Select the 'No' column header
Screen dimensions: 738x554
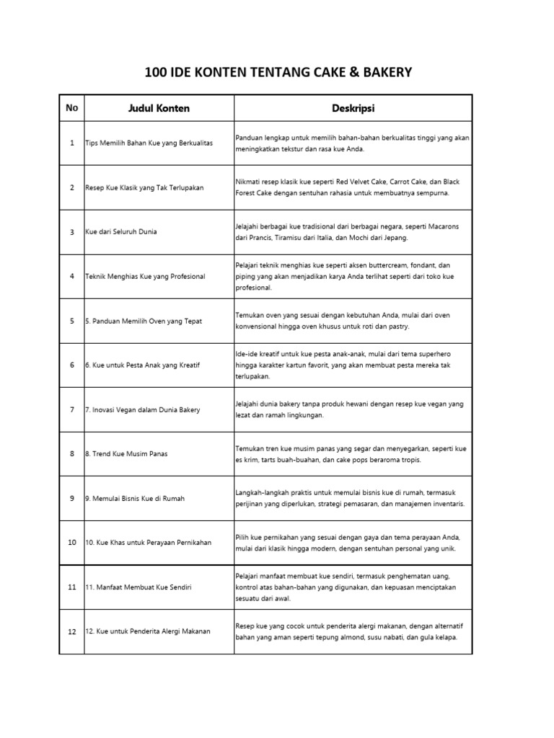(x=71, y=108)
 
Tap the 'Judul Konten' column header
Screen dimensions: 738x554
(x=159, y=108)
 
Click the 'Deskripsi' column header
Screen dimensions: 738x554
(x=353, y=108)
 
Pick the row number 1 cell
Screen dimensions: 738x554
(x=71, y=143)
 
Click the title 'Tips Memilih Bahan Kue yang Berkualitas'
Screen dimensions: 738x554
(x=149, y=143)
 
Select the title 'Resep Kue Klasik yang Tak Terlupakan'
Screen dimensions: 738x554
(x=144, y=187)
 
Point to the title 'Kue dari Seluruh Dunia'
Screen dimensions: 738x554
(x=121, y=232)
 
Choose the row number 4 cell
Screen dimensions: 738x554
(x=71, y=277)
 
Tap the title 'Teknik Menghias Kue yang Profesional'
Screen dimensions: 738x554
(x=145, y=277)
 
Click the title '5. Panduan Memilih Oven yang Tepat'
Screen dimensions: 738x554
(x=143, y=321)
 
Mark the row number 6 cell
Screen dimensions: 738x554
(x=71, y=365)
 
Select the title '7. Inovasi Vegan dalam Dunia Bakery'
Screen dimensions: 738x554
(x=143, y=410)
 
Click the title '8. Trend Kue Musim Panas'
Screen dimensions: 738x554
(x=126, y=454)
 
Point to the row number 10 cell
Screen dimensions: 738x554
(x=71, y=543)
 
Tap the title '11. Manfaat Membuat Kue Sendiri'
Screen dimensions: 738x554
(x=136, y=587)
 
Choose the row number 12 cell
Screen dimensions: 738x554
(x=71, y=632)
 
